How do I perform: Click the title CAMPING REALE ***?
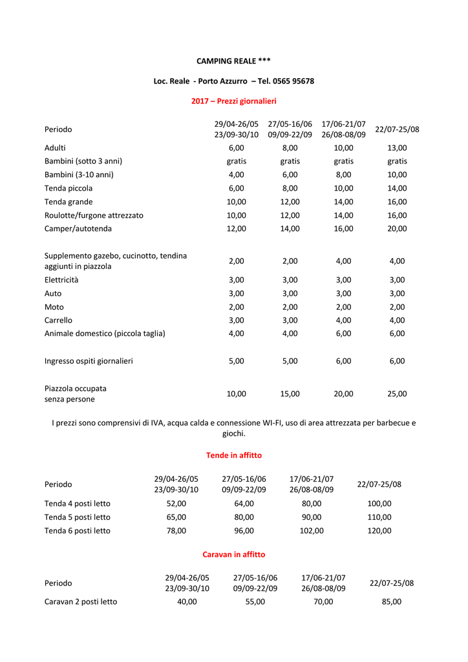(233, 61)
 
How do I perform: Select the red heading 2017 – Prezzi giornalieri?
(233, 101)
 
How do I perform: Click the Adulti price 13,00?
(397, 147)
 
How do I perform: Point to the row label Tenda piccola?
(69, 188)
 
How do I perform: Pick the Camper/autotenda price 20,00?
(397, 228)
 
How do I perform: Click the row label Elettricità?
(61, 280)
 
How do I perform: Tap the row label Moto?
(54, 307)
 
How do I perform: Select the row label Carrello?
(58, 320)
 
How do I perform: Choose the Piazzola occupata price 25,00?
(397, 393)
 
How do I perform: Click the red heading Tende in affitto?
(233, 455)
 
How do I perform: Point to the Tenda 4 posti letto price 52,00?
(176, 503)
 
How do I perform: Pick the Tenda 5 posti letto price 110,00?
(379, 517)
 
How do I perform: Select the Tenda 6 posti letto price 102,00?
(312, 531)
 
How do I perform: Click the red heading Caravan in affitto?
(233, 555)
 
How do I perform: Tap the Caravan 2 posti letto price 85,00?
(391, 601)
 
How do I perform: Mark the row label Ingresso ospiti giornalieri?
(89, 361)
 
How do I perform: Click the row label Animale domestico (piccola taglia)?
(105, 334)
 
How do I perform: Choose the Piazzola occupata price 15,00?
(290, 393)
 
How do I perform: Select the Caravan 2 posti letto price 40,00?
(187, 601)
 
